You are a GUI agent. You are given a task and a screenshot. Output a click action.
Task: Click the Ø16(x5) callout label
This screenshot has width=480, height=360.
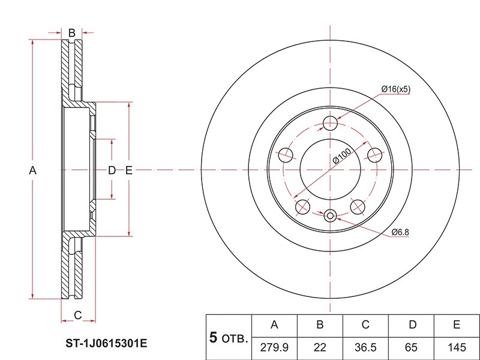pyautogui.click(x=395, y=89)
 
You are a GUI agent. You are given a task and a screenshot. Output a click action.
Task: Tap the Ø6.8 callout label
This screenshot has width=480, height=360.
pyautogui.click(x=400, y=232)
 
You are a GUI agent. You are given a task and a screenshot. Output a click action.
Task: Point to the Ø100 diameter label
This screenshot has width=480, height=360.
pyautogui.click(x=342, y=156)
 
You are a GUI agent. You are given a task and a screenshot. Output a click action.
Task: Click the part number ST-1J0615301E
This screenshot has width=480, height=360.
pyautogui.click(x=106, y=343)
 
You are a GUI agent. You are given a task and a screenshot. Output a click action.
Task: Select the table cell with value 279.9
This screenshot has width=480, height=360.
pyautogui.click(x=274, y=347)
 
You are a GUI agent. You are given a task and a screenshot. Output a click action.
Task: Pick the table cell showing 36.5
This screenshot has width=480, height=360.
pyautogui.click(x=365, y=347)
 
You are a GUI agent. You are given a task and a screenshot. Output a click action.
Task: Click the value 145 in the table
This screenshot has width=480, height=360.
pyautogui.click(x=457, y=347)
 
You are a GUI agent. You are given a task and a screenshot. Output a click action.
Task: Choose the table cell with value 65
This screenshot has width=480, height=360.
pyautogui.click(x=411, y=347)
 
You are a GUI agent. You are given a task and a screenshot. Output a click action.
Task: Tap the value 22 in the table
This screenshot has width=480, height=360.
pyautogui.click(x=320, y=347)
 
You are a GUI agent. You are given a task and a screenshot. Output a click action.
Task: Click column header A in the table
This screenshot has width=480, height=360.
pyautogui.click(x=274, y=325)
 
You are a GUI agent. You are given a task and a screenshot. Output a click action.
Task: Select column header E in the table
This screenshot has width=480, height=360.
pyautogui.click(x=457, y=325)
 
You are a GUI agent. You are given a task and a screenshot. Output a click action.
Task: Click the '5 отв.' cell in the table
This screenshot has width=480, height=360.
pyautogui.click(x=229, y=337)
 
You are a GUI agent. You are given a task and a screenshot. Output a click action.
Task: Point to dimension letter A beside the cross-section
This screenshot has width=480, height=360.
pyautogui.click(x=32, y=170)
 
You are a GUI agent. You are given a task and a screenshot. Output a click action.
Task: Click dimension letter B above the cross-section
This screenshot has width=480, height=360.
pyautogui.click(x=71, y=32)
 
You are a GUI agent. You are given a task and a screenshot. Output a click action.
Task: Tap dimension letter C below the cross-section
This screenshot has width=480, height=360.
pyautogui.click(x=78, y=315)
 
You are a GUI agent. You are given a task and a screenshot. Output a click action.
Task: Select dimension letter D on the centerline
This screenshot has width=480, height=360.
pyautogui.click(x=112, y=170)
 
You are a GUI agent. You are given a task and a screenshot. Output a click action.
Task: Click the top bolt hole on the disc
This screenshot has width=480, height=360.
pyautogui.click(x=331, y=123)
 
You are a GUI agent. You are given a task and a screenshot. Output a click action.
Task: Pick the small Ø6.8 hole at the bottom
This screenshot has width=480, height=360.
pyautogui.click(x=330, y=215)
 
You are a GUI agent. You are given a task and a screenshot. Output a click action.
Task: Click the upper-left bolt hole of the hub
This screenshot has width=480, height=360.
pyautogui.click(x=286, y=155)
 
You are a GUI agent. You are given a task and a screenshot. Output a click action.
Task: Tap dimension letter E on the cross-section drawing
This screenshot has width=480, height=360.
pyautogui.click(x=129, y=170)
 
